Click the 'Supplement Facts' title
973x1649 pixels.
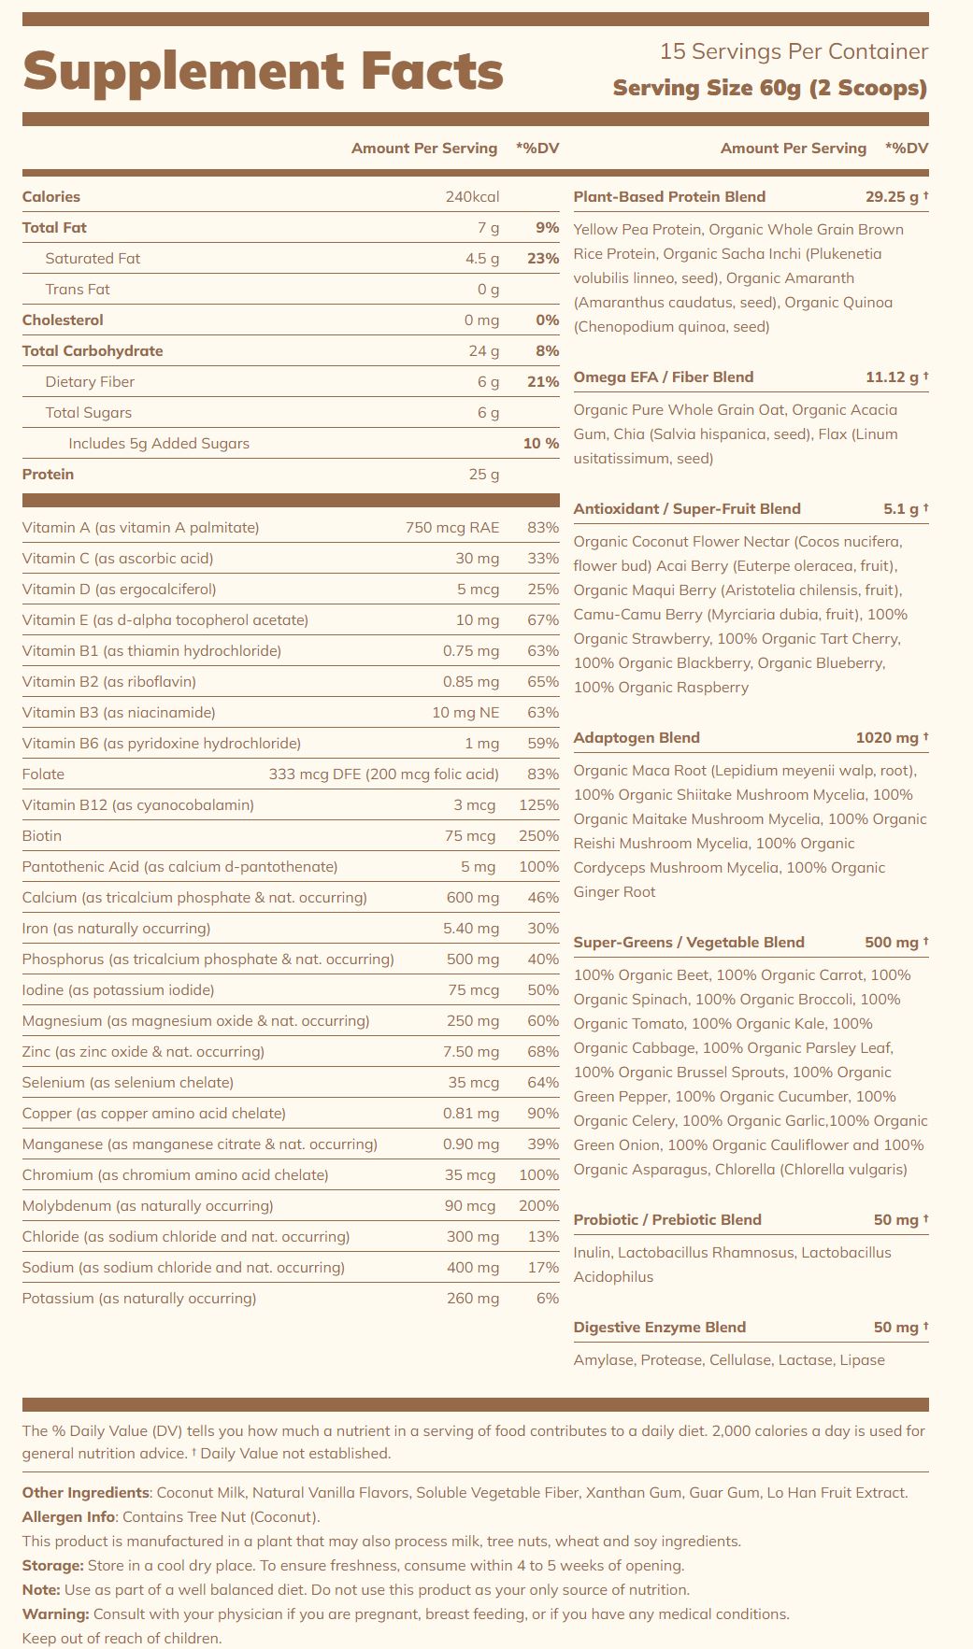pyautogui.click(x=263, y=72)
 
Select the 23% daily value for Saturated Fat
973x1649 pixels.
pyautogui.click(x=542, y=259)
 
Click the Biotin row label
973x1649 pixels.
pyautogui.click(x=42, y=836)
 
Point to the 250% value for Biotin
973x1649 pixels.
pyautogui.click(x=538, y=836)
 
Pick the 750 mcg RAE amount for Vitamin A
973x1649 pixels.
pyautogui.click(x=452, y=528)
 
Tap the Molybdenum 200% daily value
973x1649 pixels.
pyautogui.click(x=538, y=1206)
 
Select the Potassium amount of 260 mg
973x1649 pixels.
pyautogui.click(x=473, y=1299)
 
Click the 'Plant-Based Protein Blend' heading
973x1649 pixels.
pyautogui.click(x=669, y=197)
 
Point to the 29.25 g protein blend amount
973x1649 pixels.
pyautogui.click(x=892, y=197)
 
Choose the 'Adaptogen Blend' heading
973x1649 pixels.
pyautogui.click(x=637, y=738)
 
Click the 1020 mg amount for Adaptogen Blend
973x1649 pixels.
pyautogui.click(x=887, y=738)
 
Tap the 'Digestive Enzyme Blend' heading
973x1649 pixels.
pyautogui.click(x=659, y=1328)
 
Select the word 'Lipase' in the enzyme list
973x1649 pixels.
pyautogui.click(x=862, y=1360)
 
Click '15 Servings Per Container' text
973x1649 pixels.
pyautogui.click(x=794, y=51)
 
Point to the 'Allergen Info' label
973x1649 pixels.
pyautogui.click(x=69, y=1517)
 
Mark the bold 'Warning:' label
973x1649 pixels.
pyautogui.click(x=56, y=1614)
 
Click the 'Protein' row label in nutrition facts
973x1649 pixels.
pyautogui.click(x=48, y=475)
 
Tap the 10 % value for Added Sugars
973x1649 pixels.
pyautogui.click(x=540, y=444)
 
